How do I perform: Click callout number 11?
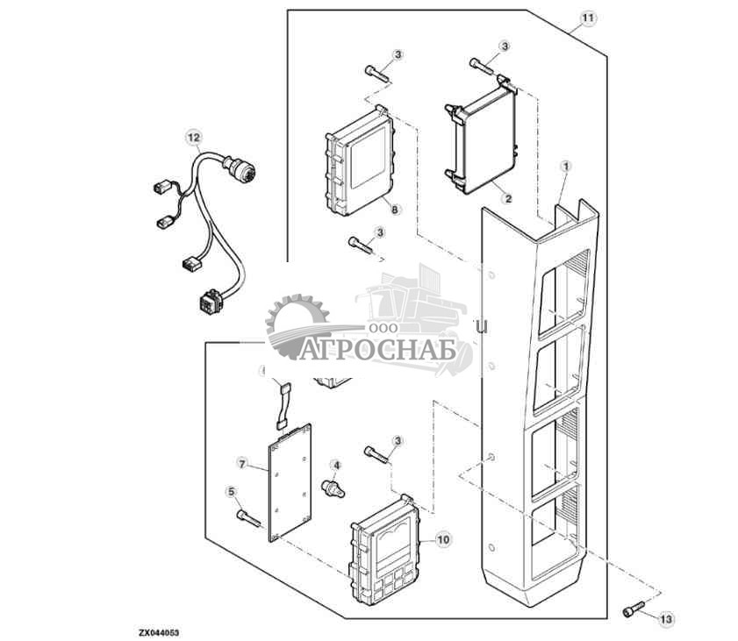point(588,18)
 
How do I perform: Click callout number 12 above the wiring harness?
point(193,137)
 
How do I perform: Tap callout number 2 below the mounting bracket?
point(507,199)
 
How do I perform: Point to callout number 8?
point(395,210)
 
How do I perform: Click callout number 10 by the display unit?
point(441,540)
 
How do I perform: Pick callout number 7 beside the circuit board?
point(243,462)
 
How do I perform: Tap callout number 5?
point(232,492)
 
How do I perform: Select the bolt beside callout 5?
point(249,519)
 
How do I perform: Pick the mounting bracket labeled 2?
point(481,140)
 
